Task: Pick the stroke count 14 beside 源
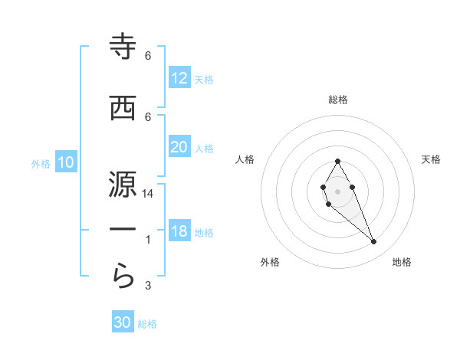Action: click(x=148, y=195)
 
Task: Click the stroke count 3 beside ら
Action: click(x=148, y=286)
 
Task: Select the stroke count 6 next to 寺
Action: click(x=148, y=56)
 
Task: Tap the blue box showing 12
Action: click(x=179, y=78)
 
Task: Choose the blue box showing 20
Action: click(x=179, y=147)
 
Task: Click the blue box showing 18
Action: click(x=179, y=232)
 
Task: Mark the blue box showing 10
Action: click(x=66, y=162)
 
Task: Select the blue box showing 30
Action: click(x=123, y=323)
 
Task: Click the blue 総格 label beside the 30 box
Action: click(x=147, y=324)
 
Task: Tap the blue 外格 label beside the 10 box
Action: click(x=41, y=163)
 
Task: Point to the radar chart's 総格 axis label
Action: click(x=337, y=100)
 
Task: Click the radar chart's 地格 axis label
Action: click(x=402, y=263)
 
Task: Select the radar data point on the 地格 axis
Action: click(x=374, y=242)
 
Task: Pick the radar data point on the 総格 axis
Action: click(x=337, y=161)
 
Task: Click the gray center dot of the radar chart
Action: click(x=337, y=190)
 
